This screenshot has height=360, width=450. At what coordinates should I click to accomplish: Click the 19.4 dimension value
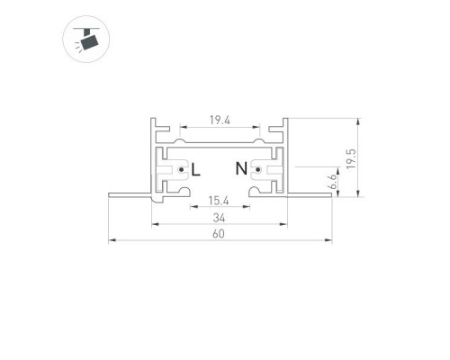(220, 121)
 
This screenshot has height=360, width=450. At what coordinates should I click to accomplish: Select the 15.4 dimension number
(219, 201)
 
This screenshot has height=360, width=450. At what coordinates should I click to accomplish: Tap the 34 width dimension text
(219, 218)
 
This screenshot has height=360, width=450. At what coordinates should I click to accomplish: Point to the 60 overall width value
(219, 234)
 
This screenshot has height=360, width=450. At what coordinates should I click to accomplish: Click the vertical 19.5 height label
(351, 158)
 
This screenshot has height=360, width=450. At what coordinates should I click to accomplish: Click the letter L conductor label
(195, 169)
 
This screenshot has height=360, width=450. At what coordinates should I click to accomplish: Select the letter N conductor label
(241, 168)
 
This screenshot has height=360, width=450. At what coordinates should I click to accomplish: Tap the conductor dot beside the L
(181, 170)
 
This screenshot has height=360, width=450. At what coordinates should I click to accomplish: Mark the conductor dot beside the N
(257, 170)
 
